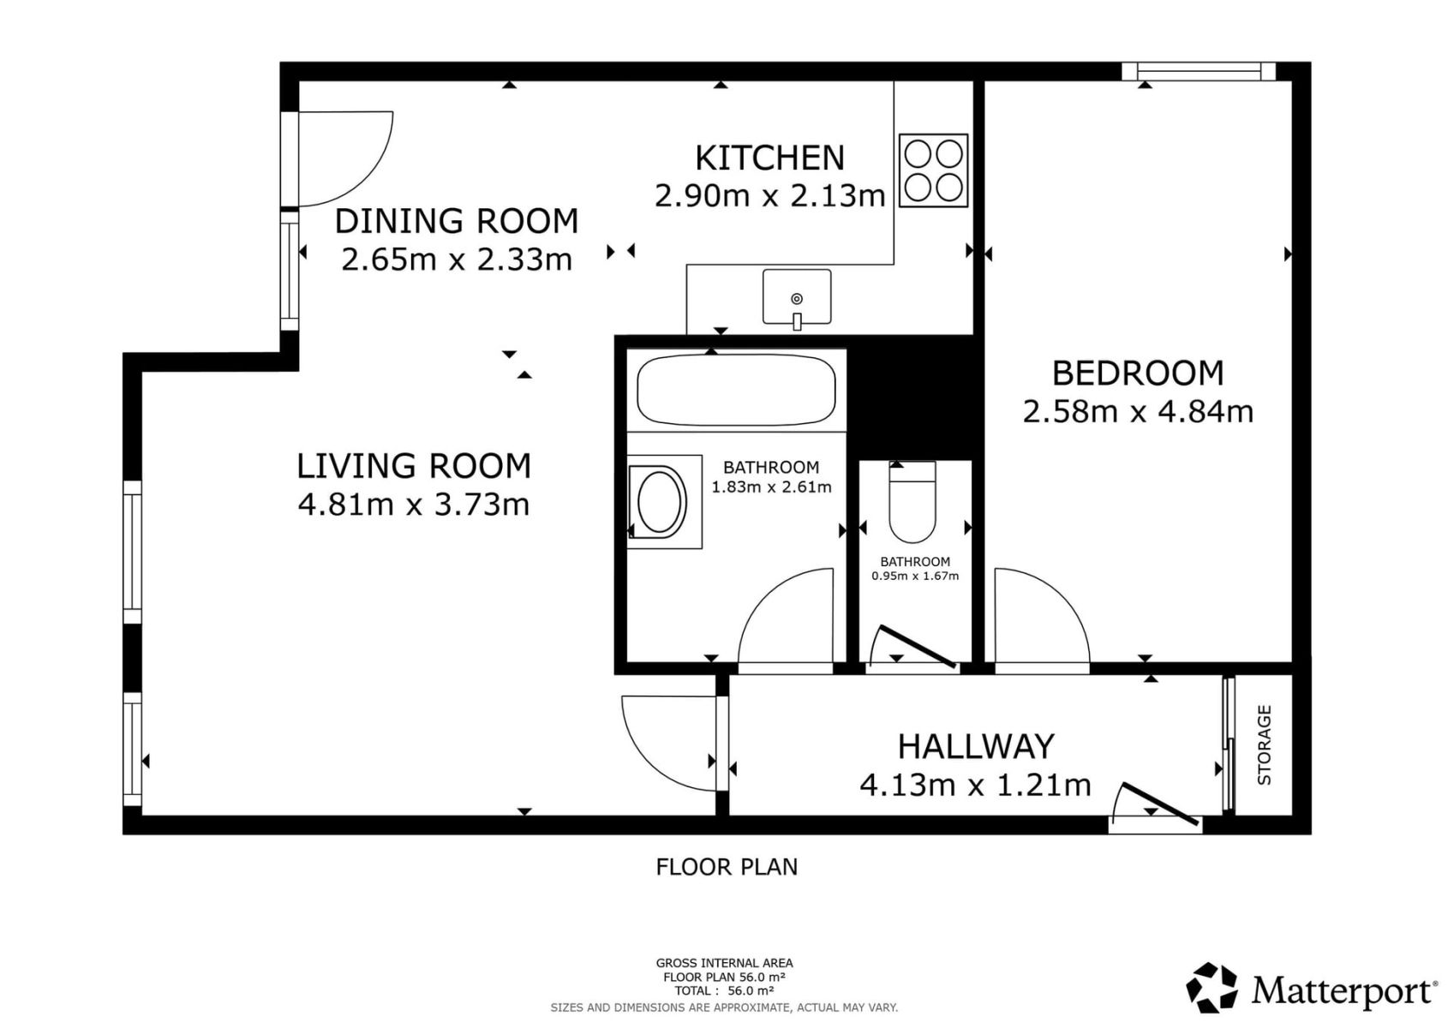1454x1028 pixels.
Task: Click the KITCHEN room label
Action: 770,158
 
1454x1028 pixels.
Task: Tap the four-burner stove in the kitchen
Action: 933,170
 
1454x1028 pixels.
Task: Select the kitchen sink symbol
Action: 797,297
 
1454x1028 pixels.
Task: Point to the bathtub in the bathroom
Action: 736,390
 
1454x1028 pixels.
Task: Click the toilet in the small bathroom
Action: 912,502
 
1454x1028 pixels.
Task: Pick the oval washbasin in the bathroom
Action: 659,502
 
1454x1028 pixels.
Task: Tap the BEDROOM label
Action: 1137,374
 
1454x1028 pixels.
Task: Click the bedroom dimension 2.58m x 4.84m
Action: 1137,411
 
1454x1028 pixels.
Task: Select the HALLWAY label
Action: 976,747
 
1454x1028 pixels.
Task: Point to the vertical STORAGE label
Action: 1264,745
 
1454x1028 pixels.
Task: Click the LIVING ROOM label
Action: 414,466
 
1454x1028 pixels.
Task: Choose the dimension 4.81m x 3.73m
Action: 414,505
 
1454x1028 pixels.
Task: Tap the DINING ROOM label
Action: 457,221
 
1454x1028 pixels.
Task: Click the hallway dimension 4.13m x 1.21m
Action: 975,786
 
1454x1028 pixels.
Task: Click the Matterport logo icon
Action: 1212,987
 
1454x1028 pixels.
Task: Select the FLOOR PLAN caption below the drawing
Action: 727,867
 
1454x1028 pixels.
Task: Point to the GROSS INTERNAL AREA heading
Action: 724,963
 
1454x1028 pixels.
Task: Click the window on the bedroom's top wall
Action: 1199,71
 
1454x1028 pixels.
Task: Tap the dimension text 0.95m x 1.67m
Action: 914,576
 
